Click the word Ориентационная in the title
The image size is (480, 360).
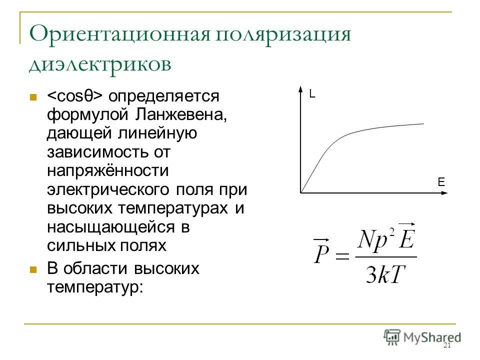click(119, 33)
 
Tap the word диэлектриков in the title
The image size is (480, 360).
click(100, 65)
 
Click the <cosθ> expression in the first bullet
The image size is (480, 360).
click(74, 96)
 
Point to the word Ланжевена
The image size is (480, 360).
click(181, 115)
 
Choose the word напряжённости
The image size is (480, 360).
click(108, 171)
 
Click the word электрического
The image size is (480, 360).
click(108, 190)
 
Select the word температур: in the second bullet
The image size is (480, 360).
click(95, 288)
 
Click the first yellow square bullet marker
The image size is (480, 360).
click(33, 97)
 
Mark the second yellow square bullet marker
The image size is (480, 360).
click(33, 269)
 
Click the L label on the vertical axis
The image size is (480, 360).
click(312, 93)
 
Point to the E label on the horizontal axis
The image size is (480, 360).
click(441, 182)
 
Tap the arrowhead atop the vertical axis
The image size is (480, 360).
click(300, 89)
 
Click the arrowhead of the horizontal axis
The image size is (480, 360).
click(444, 193)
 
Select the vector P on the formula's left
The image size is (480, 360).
click(321, 250)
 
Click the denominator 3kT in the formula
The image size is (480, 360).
click(385, 274)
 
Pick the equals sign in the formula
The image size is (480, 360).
click(342, 255)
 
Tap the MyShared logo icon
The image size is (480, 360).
click(392, 337)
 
